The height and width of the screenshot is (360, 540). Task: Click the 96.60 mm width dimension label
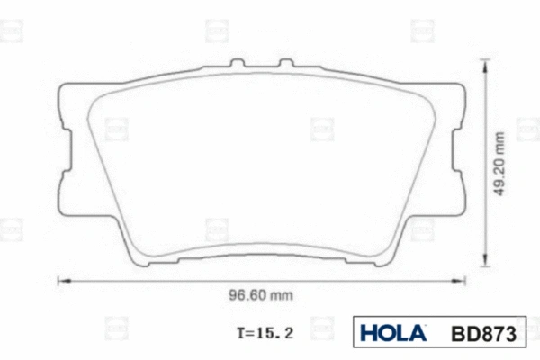click(x=258, y=294)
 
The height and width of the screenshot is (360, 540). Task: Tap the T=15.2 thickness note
click(x=265, y=332)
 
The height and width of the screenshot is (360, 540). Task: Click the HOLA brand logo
click(x=393, y=333)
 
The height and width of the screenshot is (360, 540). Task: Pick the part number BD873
click(x=485, y=333)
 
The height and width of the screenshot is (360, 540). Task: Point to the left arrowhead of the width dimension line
click(x=62, y=280)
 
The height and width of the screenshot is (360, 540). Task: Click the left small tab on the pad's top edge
click(x=237, y=65)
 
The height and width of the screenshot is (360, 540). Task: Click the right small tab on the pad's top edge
click(x=285, y=65)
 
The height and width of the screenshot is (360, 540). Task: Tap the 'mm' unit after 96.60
click(x=282, y=294)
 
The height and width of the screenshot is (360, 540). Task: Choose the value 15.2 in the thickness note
click(x=277, y=332)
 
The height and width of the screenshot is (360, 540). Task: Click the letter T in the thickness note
click(x=241, y=332)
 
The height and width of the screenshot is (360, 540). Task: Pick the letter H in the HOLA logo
click(x=368, y=333)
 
